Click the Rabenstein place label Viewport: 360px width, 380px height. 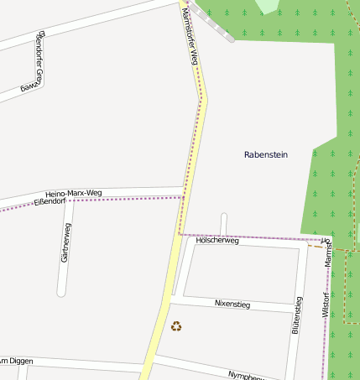pyautogui.click(x=265, y=154)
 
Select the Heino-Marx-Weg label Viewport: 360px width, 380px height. pyautogui.click(x=73, y=194)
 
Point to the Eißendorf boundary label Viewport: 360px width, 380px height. pyautogui.click(x=49, y=201)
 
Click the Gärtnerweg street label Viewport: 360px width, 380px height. pyautogui.click(x=65, y=243)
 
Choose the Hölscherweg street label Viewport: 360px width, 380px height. pyautogui.click(x=217, y=241)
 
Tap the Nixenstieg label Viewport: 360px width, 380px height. pyautogui.click(x=232, y=303)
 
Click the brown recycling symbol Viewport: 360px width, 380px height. pyautogui.click(x=176, y=326)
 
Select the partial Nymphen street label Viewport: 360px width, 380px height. pyautogui.click(x=247, y=375)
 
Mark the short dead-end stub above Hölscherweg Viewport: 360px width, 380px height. pyautogui.click(x=224, y=224)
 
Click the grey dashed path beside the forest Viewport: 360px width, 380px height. pyautogui.click(x=211, y=22)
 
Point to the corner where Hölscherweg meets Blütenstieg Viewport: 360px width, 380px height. pyautogui.click(x=300, y=248)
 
